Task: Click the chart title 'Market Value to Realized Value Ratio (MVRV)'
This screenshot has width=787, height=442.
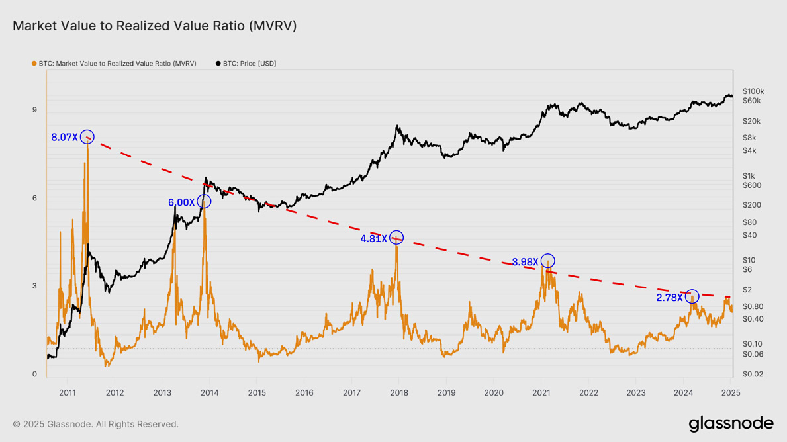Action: [155, 26]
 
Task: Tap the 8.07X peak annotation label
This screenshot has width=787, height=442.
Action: [64, 138]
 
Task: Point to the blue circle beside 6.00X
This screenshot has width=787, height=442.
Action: [204, 201]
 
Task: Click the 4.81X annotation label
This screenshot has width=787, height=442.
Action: [373, 239]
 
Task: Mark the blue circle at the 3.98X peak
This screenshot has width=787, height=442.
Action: [547, 261]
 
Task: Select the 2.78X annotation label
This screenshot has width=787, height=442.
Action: [669, 298]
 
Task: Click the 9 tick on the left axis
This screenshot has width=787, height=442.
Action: [34, 110]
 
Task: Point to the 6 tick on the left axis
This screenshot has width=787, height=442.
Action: [34, 198]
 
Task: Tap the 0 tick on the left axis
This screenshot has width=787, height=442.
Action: [34, 374]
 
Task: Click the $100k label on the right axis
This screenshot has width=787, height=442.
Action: [753, 91]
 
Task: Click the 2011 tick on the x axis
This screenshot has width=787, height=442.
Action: [68, 392]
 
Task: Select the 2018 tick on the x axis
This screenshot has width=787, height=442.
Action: [398, 392]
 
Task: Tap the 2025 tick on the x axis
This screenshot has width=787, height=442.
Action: [731, 392]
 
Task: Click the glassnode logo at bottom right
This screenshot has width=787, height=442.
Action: [731, 423]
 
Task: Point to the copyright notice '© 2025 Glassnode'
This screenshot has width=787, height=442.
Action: [95, 424]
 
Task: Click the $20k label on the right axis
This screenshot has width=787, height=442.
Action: [751, 122]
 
